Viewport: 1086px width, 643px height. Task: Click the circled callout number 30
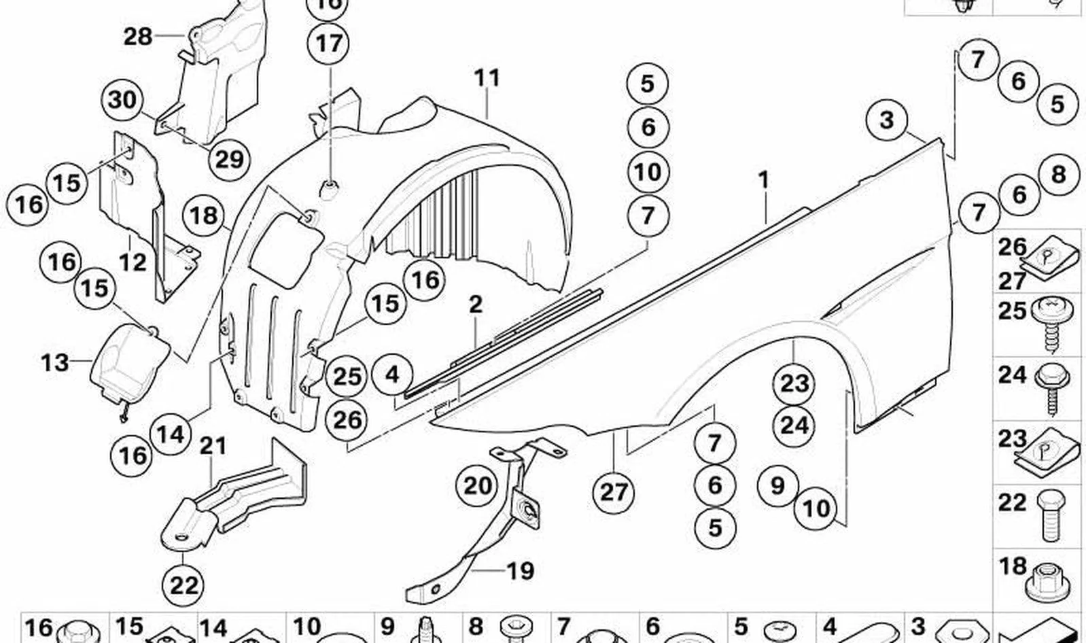[122, 101]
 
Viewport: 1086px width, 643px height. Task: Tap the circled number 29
[229, 159]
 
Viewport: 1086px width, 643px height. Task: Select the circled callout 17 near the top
[329, 43]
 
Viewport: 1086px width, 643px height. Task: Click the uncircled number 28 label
[138, 37]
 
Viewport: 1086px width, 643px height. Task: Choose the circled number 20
[478, 485]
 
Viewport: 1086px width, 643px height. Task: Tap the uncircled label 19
[520, 571]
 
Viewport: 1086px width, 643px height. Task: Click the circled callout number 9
[777, 485]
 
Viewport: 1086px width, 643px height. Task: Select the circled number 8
[1058, 174]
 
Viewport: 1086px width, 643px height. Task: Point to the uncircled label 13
[54, 362]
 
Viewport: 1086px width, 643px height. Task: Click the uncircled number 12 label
[133, 262]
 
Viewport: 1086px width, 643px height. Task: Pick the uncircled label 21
[213, 446]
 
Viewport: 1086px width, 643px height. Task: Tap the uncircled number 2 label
[476, 305]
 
